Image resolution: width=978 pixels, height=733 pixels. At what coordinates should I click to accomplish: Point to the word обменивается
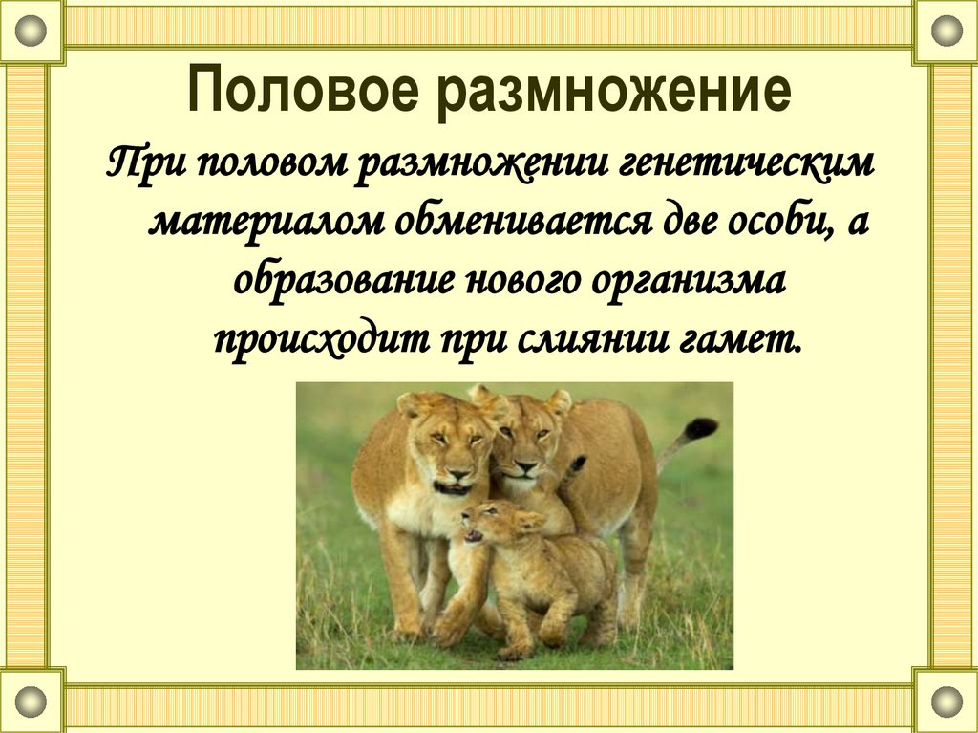507,223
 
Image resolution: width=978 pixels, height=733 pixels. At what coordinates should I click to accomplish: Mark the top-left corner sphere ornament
32,31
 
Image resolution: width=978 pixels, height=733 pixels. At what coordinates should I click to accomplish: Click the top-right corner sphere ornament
945,31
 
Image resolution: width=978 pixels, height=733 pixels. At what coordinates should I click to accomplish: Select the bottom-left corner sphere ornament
32,701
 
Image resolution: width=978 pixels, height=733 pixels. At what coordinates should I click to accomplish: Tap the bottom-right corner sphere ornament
945,701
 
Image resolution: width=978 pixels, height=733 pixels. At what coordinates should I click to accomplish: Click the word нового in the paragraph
514,282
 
